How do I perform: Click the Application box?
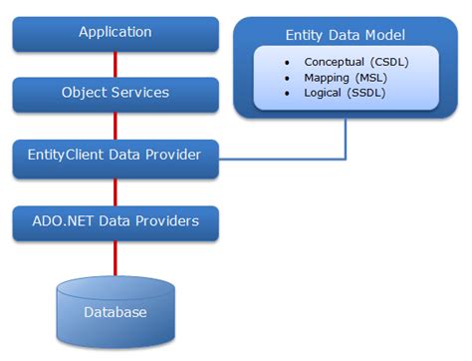click(x=116, y=32)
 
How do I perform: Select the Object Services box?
click(x=116, y=93)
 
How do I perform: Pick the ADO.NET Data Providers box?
click(x=116, y=221)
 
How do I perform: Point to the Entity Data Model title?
click(x=345, y=36)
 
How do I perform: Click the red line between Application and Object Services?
click(x=117, y=63)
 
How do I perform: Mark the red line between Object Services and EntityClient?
click(x=117, y=125)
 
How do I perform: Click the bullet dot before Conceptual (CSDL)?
click(x=288, y=62)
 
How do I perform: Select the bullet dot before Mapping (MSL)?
click(x=288, y=78)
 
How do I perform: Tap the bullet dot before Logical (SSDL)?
click(x=288, y=94)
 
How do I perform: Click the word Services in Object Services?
click(x=141, y=93)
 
